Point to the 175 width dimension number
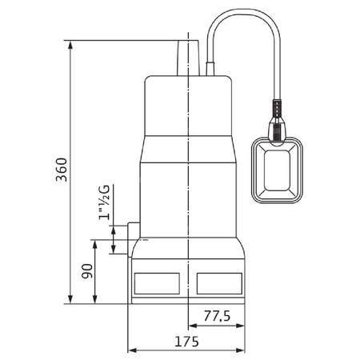186,340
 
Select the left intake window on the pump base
158,282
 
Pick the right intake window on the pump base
217,282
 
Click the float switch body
278,171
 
